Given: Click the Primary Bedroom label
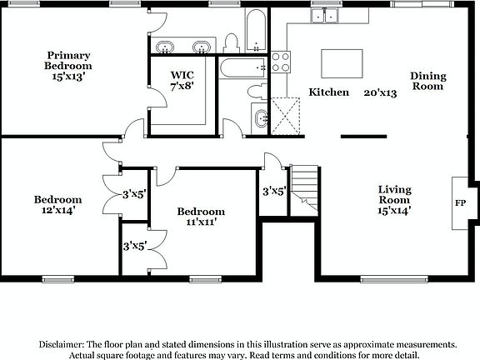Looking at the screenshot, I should click(68, 60).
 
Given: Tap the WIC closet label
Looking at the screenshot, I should click(182, 74).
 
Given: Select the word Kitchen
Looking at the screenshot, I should click(329, 92).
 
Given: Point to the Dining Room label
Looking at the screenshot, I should click(427, 81).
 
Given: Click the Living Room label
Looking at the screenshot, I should click(393, 194).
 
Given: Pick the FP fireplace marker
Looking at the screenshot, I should click(460, 202).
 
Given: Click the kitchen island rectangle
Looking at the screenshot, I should click(342, 63).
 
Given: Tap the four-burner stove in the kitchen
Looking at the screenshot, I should click(281, 60).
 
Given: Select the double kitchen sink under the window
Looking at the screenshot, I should click(324, 15).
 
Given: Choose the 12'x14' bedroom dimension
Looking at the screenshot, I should click(57, 211).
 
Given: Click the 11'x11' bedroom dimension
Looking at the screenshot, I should click(201, 223).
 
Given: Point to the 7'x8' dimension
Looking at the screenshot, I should click(182, 86).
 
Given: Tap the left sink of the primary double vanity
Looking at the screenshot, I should click(166, 46).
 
